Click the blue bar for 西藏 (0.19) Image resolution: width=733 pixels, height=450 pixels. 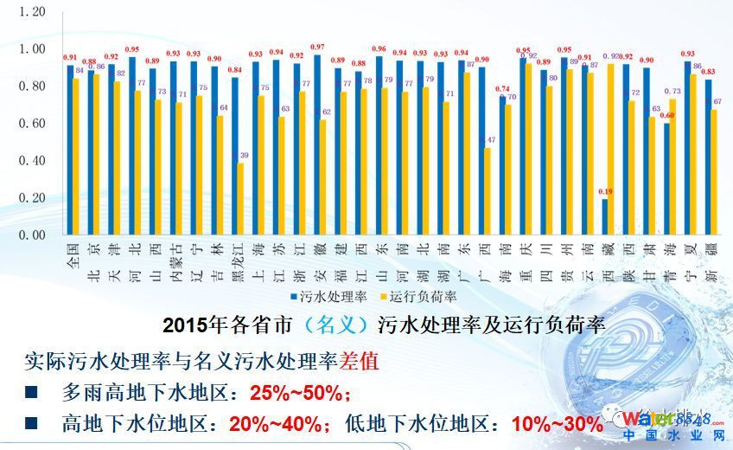pyautogui.click(x=604, y=216)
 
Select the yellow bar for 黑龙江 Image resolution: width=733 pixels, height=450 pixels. pyautogui.click(x=241, y=198)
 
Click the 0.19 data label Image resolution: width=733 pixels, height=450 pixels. pyautogui.click(x=604, y=191)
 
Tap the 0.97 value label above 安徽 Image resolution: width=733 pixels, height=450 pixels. pyautogui.click(x=317, y=47)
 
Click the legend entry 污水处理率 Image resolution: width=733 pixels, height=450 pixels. pyautogui.click(x=332, y=297)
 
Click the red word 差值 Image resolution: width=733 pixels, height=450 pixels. pyautogui.click(x=361, y=361)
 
